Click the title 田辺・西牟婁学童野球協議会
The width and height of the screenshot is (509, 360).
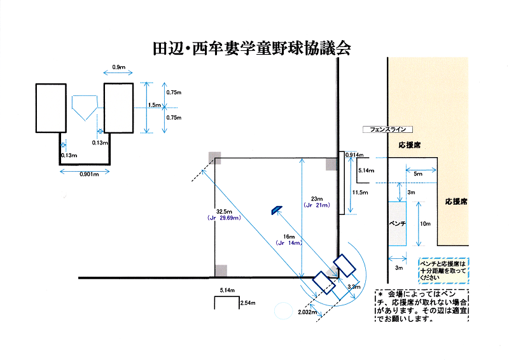click(x=252, y=48)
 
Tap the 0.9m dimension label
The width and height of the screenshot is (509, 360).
click(x=118, y=67)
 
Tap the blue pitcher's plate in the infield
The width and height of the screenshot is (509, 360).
click(x=275, y=210)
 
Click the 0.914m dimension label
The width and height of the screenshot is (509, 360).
click(x=354, y=155)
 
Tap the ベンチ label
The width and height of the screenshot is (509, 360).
click(x=398, y=225)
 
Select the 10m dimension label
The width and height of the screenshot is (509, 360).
click(x=426, y=224)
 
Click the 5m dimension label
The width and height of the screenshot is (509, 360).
click(x=418, y=174)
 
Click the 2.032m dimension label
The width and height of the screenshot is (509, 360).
click(x=307, y=312)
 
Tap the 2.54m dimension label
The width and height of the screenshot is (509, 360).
click(x=248, y=305)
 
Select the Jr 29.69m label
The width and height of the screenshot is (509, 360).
click(x=223, y=218)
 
